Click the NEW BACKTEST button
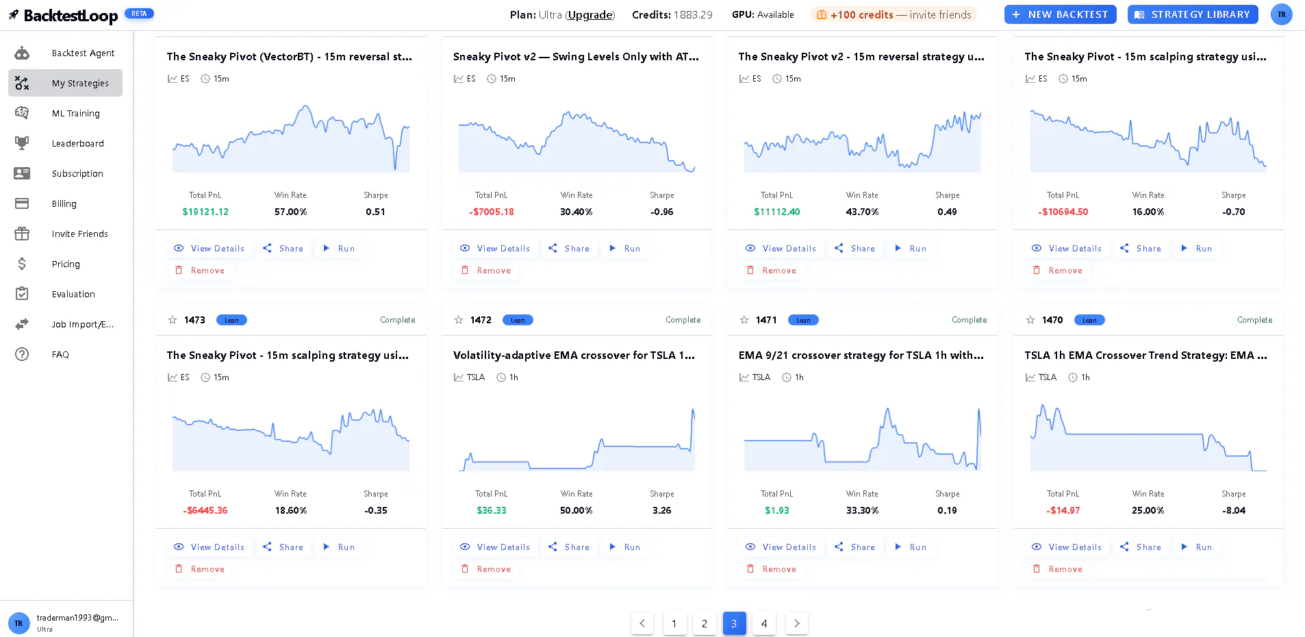[x=1060, y=14]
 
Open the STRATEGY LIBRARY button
[x=1193, y=14]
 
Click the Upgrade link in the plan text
[x=590, y=15]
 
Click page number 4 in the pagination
[x=764, y=623]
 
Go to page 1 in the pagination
[x=674, y=623]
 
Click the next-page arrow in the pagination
[x=796, y=623]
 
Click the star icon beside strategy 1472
[x=459, y=320]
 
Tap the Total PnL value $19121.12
[x=205, y=212]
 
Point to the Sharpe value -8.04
[x=1234, y=510]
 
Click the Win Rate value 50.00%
[x=577, y=510]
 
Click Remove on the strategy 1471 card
[x=772, y=569]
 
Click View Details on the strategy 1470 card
[x=1067, y=547]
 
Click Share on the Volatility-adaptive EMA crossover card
[x=570, y=547]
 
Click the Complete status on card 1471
[x=970, y=320]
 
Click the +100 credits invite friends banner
[x=894, y=14]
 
